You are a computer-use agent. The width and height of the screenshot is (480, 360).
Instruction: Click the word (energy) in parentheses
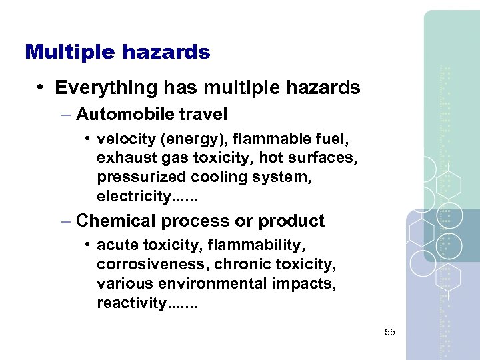tap(177, 139)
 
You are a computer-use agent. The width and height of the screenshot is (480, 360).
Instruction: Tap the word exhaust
tap(120, 158)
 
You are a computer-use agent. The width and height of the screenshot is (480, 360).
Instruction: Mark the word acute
tap(114, 246)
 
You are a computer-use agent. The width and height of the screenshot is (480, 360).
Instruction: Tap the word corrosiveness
tap(152, 265)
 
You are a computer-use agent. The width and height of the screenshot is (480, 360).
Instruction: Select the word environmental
tap(208, 284)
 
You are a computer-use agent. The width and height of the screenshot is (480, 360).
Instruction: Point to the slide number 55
tap(389, 331)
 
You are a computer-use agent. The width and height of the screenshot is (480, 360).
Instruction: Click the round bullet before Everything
tap(41, 87)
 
